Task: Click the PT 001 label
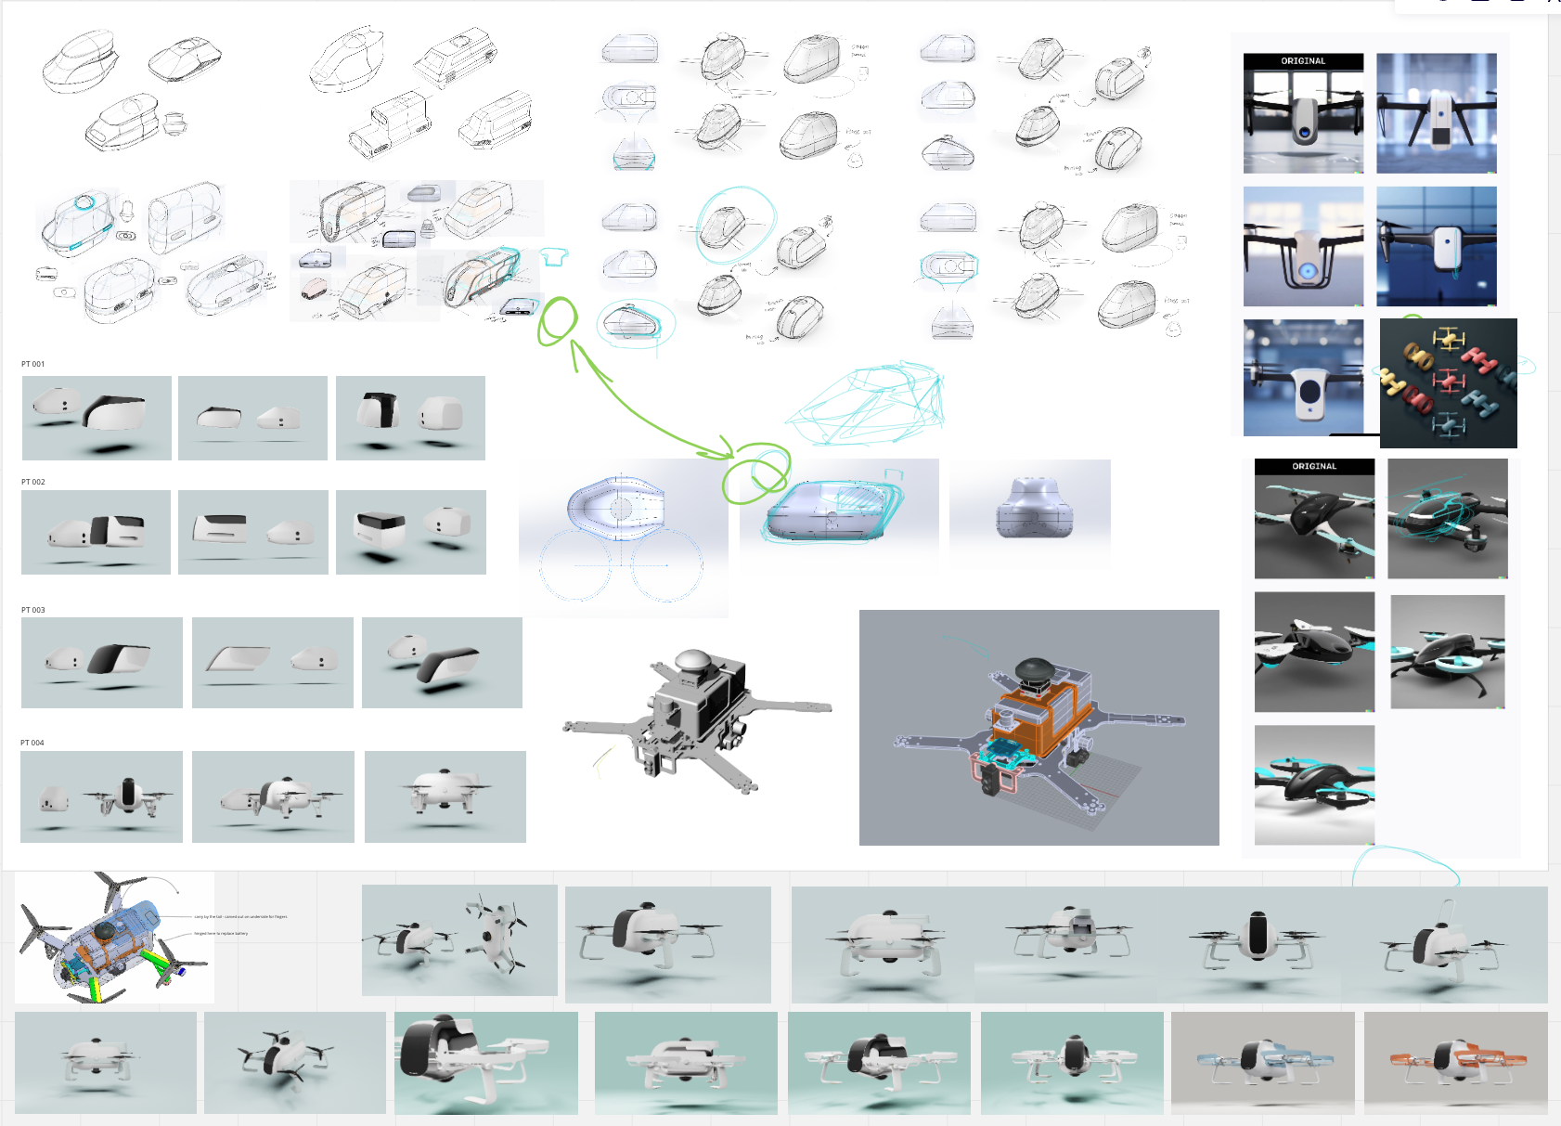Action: tap(32, 364)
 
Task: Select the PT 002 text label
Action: tap(32, 482)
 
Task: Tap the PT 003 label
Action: tap(32, 610)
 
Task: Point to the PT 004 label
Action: tap(32, 743)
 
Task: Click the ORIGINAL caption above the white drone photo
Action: tap(1303, 61)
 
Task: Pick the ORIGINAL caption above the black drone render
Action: tap(1314, 466)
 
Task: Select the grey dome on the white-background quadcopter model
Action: tap(693, 660)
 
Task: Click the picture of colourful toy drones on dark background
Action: tap(1448, 382)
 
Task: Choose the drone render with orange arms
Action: tap(1455, 1062)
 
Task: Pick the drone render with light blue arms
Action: tap(1262, 1062)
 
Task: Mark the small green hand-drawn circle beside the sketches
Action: tap(558, 320)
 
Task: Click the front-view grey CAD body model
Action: tap(1034, 509)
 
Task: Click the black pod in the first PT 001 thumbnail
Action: tap(115, 410)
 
